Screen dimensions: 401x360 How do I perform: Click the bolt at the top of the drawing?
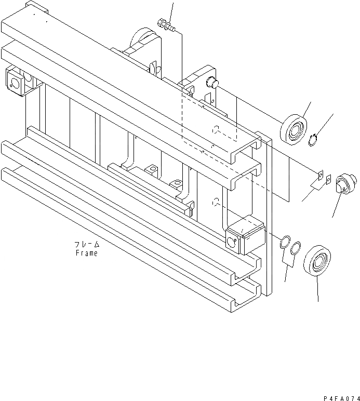pos(164,23)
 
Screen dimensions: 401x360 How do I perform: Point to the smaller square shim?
pos(329,179)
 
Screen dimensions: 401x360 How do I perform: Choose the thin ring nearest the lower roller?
pos(295,248)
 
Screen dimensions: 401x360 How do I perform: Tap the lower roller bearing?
pos(318,263)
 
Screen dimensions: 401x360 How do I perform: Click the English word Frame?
pos(86,253)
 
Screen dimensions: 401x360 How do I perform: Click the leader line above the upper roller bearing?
pos(306,109)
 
